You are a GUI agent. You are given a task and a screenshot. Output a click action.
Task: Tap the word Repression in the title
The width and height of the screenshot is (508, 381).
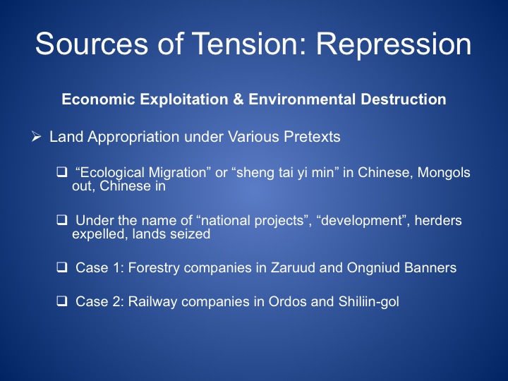[x=394, y=44]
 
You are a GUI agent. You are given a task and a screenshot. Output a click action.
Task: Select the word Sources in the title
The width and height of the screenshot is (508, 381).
[x=92, y=44]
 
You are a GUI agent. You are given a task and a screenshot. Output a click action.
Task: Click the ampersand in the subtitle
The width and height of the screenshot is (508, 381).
[x=238, y=99]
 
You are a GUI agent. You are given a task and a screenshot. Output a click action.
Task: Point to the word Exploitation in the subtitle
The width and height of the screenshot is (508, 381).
[x=184, y=99]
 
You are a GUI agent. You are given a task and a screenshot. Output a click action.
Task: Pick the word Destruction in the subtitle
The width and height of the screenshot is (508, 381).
[x=404, y=99]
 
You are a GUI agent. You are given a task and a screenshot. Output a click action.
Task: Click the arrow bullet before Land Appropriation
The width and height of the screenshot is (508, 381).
[x=36, y=136]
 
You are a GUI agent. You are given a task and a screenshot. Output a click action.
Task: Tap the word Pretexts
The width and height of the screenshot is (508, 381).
[x=312, y=136]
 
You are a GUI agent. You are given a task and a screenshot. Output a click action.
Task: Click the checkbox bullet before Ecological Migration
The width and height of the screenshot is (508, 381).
[x=61, y=171]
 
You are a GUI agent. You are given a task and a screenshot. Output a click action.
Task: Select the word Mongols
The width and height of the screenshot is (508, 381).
[x=444, y=172]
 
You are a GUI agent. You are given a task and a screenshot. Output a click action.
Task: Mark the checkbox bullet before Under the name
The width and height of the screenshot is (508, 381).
[x=61, y=220]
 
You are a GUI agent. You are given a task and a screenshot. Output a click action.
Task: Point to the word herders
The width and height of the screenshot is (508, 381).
[x=438, y=220]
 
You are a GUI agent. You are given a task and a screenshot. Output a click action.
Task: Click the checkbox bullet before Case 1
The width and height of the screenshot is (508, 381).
[x=61, y=267]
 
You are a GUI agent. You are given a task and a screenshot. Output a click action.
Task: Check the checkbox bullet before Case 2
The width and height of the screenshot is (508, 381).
[x=61, y=301]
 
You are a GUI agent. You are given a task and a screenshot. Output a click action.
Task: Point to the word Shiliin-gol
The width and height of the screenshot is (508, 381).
[x=369, y=302]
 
